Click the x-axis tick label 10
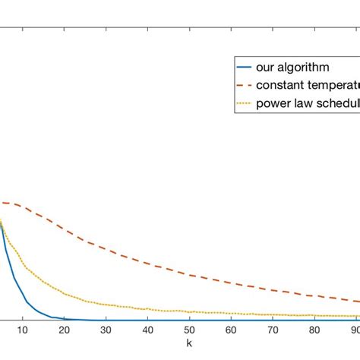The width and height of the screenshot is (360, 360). pyautogui.click(x=23, y=330)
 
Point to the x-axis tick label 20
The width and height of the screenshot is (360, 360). pyautogui.click(x=65, y=330)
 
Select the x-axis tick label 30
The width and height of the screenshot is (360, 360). pyautogui.click(x=106, y=330)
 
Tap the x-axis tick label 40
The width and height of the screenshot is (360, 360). pyautogui.click(x=148, y=330)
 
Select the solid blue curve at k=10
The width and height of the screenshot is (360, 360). pyautogui.click(x=23, y=302)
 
